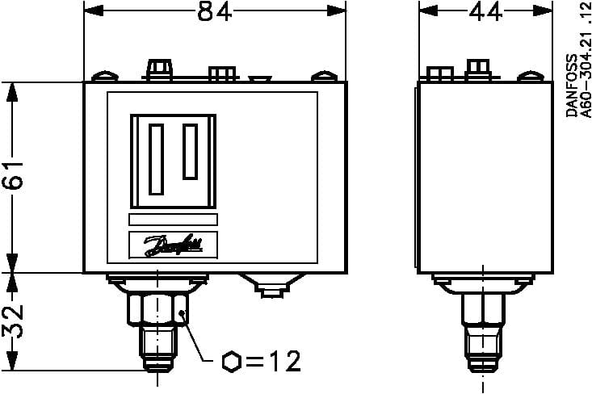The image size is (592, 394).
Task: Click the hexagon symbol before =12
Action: [229, 360]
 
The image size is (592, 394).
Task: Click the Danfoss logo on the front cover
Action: [173, 245]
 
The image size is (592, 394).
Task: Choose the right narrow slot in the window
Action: [190, 153]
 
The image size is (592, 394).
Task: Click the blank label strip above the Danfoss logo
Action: [173, 220]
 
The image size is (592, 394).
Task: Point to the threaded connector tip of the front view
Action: [157, 351]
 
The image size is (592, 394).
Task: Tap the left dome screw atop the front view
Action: [103, 78]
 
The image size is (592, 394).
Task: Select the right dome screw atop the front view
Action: [324, 78]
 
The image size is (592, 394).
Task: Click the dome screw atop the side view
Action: [529, 78]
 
